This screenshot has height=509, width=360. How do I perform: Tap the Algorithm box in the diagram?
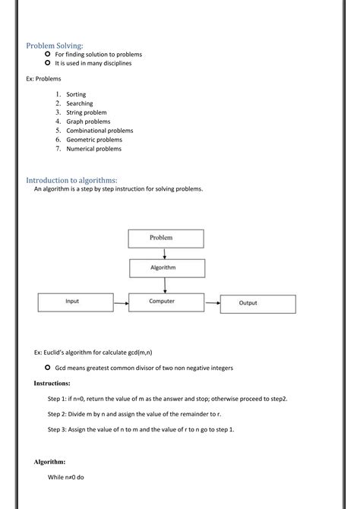pos(165,268)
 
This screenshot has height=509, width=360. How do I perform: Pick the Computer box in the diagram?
pos(162,302)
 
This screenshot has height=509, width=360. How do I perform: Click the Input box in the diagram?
pos(72,302)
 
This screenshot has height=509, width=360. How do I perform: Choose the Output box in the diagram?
pos(248,302)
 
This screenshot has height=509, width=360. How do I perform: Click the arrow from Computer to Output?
pos(211,302)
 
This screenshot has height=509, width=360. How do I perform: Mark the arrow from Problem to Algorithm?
pos(165,253)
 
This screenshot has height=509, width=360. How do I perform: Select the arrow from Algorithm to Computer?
pos(165,284)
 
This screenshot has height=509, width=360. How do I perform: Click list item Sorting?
pos(76,94)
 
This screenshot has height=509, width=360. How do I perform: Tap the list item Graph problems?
pos(88,122)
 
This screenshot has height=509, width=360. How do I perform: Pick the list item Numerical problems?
pos(93,149)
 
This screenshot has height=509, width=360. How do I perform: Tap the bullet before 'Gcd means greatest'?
pos(47,368)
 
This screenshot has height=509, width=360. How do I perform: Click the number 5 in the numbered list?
pos(58,131)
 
